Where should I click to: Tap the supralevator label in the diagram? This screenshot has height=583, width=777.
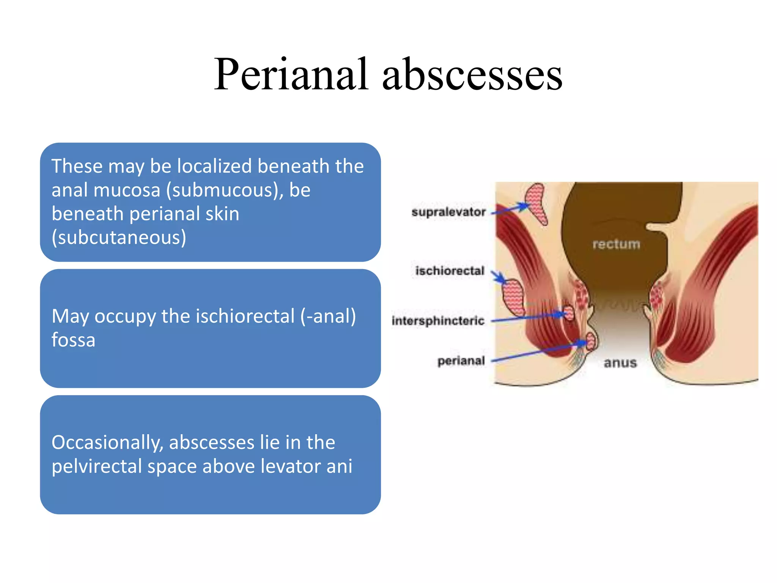[x=448, y=212]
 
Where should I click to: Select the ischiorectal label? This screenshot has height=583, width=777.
[x=450, y=271]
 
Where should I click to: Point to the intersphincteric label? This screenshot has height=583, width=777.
[x=438, y=321]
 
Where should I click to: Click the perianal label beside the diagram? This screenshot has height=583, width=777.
[x=461, y=361]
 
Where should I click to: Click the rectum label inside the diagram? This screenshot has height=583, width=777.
[x=616, y=244]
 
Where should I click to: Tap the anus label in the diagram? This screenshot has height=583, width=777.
[x=620, y=363]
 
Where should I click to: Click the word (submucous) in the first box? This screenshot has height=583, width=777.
[x=225, y=190]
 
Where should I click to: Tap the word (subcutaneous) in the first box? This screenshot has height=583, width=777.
[x=119, y=238]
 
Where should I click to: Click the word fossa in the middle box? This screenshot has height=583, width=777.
[x=73, y=340]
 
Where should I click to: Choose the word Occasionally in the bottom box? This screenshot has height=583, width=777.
[x=107, y=443]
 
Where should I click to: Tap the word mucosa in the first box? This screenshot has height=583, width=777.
[x=127, y=190]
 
